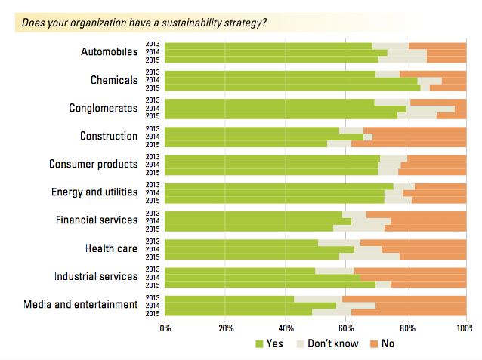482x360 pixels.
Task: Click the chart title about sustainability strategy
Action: point(144,22)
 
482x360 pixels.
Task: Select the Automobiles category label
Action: point(110,52)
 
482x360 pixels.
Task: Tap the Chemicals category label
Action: point(114,80)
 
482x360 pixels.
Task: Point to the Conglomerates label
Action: point(103,108)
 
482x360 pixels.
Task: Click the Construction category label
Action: point(109,136)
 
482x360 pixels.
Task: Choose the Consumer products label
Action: point(93,164)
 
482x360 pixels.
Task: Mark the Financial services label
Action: point(96,220)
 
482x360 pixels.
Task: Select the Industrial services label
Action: point(96,276)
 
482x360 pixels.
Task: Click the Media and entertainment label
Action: point(81,304)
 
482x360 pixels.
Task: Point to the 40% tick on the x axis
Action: point(286,328)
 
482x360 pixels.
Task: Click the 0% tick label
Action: point(165,328)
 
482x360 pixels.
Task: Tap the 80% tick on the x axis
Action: point(407,328)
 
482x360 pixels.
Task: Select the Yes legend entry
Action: point(270,344)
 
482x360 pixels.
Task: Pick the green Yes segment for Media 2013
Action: point(230,299)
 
